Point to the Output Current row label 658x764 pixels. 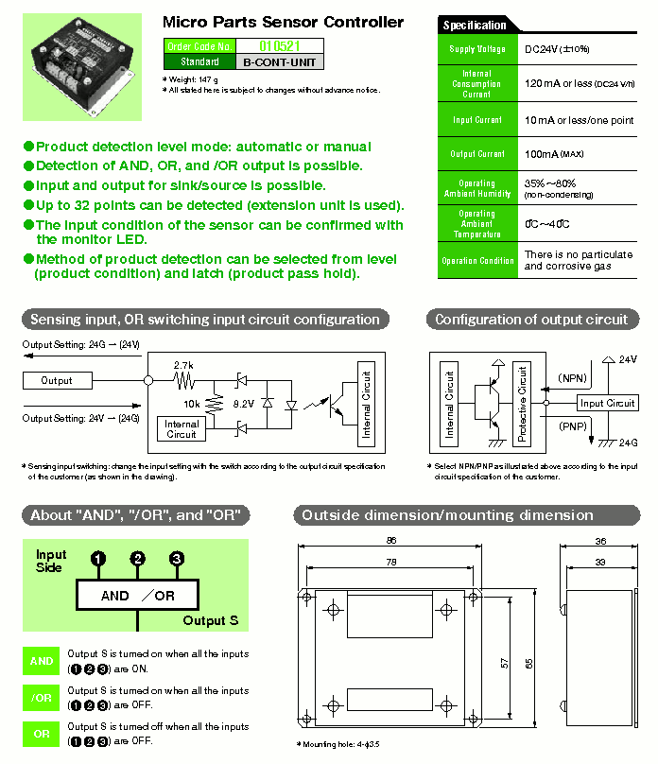pyautogui.click(x=477, y=153)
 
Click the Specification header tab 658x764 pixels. pyautogui.click(x=475, y=26)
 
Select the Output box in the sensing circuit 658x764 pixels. pyautogui.click(x=57, y=380)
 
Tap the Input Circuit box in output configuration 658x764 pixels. pyautogui.click(x=607, y=403)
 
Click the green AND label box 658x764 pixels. pyautogui.click(x=42, y=661)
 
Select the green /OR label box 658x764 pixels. pyautogui.click(x=42, y=698)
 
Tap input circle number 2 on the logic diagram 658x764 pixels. pyautogui.click(x=138, y=559)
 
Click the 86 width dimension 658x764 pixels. pyautogui.click(x=391, y=541)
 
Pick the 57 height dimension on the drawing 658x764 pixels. pyautogui.click(x=504, y=665)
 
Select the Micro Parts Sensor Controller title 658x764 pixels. pyautogui.click(x=283, y=22)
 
